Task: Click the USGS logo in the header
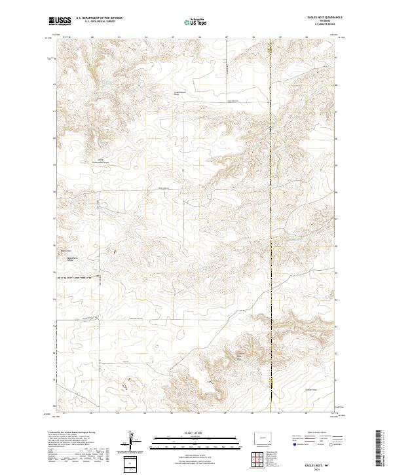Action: click(60, 22)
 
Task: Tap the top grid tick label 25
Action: click(172, 37)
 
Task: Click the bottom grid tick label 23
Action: click(119, 414)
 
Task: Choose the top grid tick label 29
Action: click(280, 37)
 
